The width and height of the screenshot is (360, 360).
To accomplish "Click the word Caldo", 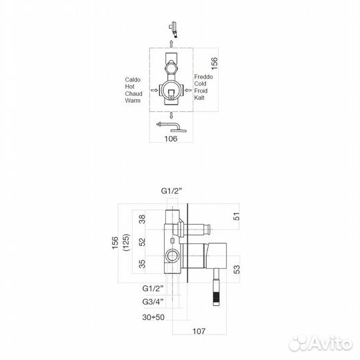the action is [133, 80].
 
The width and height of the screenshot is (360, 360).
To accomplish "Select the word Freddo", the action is [203, 77].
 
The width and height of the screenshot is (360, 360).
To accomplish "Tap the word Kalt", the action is [199, 97].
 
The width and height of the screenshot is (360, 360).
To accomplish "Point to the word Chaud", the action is [133, 94].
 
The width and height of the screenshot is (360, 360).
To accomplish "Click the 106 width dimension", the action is [171, 139].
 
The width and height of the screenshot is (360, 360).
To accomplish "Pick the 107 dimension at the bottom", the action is [199, 331].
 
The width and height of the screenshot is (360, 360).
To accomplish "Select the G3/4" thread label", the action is [153, 301].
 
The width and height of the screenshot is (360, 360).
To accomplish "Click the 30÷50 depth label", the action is [153, 317].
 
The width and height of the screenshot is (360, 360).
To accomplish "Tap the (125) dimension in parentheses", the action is [127, 243].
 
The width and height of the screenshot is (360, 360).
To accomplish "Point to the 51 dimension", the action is [237, 217].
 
